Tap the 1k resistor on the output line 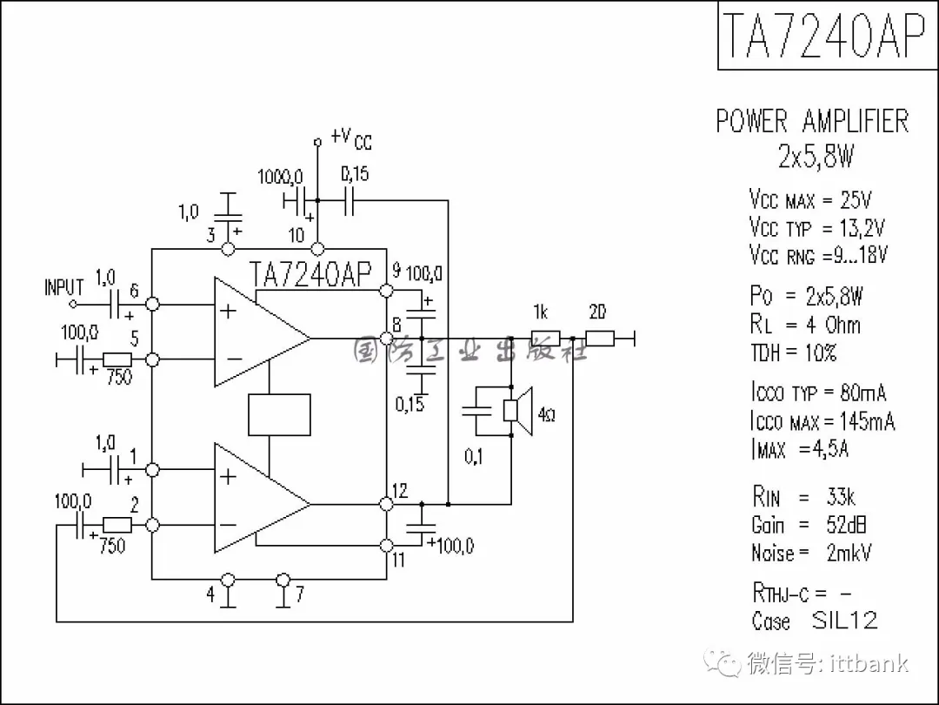pos(546,338)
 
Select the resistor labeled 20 pos(600,338)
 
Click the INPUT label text pos(64,287)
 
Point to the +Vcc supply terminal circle pos(317,140)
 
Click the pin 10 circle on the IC pos(317,249)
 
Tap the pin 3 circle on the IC pos(229,249)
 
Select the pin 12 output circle pos(387,503)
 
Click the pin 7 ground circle pos(283,579)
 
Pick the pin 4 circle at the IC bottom pos(229,579)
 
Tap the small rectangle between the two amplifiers pos(279,414)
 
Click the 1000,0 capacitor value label pos(280,178)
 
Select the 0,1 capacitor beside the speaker pos(475,413)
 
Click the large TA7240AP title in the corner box pos(823,37)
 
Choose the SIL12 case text pos(844,621)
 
